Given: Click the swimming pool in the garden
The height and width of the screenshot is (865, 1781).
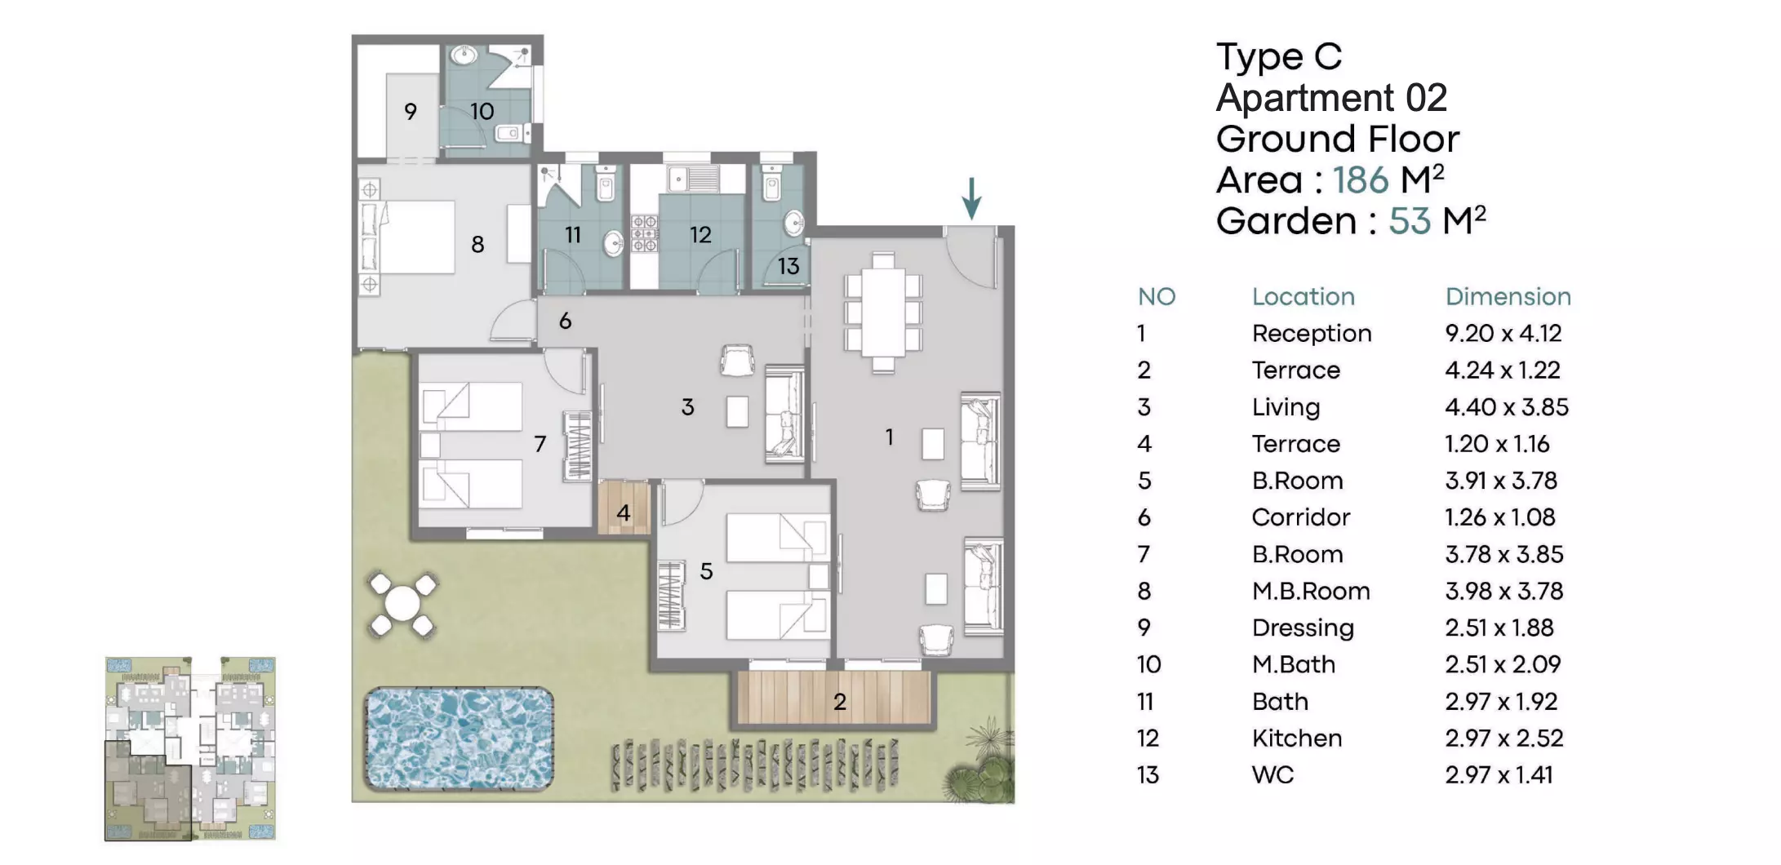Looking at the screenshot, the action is pyautogui.click(x=459, y=739).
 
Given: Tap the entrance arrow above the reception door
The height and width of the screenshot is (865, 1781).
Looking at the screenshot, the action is pyautogui.click(x=971, y=198).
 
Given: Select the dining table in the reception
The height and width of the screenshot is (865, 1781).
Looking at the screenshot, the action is pyautogui.click(x=883, y=313).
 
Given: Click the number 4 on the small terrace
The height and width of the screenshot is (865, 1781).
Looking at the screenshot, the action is pyautogui.click(x=624, y=512).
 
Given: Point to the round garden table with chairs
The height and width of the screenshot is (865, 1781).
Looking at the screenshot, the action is pyautogui.click(x=402, y=605).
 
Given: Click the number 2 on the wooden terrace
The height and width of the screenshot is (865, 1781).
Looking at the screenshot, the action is pyautogui.click(x=840, y=701).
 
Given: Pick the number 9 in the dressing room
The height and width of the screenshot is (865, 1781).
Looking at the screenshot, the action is pyautogui.click(x=411, y=111).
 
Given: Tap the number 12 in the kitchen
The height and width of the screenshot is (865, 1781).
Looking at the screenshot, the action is pyautogui.click(x=700, y=235).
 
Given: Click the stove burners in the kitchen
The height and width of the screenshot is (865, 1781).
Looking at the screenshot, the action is pyautogui.click(x=644, y=234).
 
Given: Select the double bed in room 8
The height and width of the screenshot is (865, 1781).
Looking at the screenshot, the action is pyautogui.click(x=408, y=237).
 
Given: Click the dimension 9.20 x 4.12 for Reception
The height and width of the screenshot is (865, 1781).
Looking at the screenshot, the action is pyautogui.click(x=1503, y=333).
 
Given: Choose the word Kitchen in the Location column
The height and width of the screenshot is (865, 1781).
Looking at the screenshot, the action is pyautogui.click(x=1297, y=738).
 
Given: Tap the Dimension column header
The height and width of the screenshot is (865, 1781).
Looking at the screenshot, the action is pyautogui.click(x=1508, y=296).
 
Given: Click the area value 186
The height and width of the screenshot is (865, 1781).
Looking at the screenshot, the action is pyautogui.click(x=1361, y=180).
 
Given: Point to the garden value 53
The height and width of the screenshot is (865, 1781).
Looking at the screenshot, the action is pyautogui.click(x=1410, y=221).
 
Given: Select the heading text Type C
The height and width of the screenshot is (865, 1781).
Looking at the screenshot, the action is pyautogui.click(x=1279, y=57).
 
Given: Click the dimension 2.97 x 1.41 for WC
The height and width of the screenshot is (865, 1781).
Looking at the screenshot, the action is pyautogui.click(x=1499, y=774).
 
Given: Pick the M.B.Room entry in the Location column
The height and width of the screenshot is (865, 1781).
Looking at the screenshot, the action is pyautogui.click(x=1311, y=591).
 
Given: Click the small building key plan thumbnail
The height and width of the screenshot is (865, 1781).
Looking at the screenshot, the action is pyautogui.click(x=190, y=748).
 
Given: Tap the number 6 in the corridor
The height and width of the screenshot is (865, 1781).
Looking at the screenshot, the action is pyautogui.click(x=565, y=321).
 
